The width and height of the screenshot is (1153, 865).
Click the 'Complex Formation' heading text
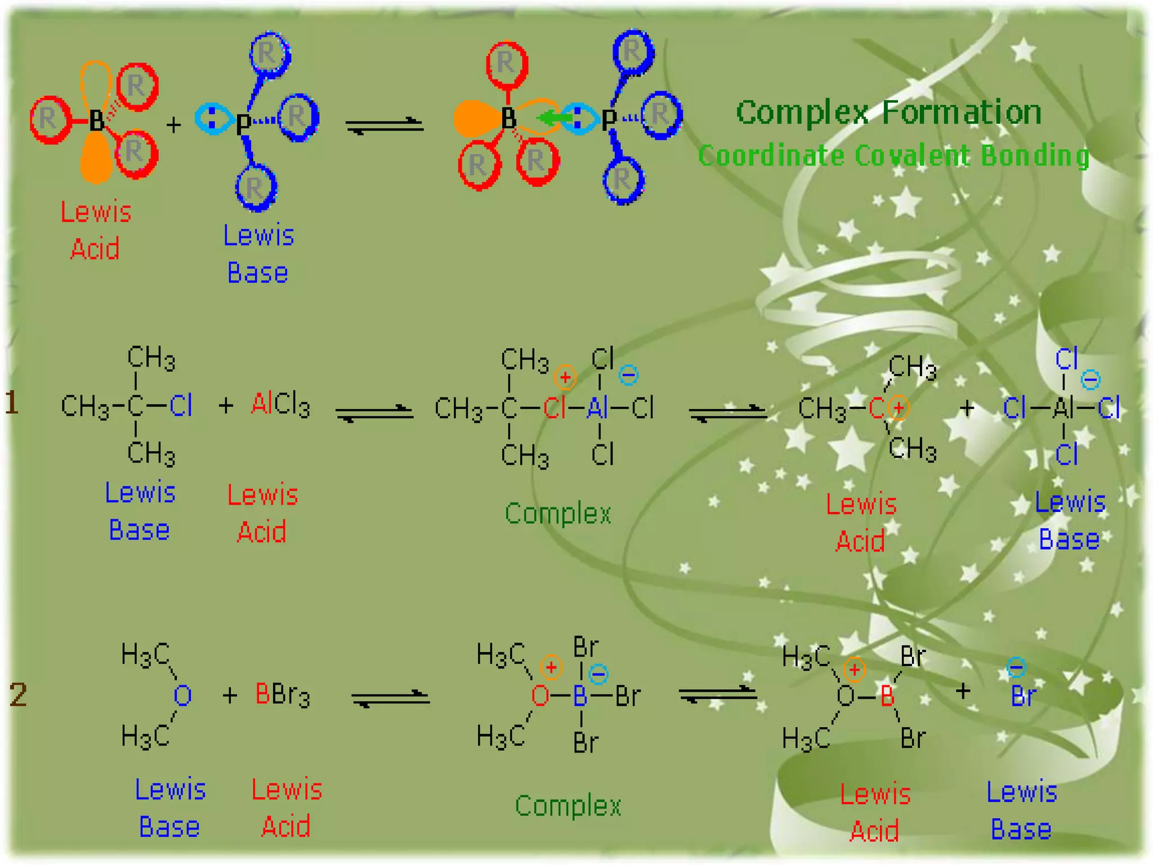888,113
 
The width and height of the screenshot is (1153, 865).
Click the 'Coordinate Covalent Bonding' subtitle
893,155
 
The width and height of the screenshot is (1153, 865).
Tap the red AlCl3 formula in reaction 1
280,404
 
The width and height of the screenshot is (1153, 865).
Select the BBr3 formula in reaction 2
282,694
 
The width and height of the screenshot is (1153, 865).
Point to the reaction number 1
12,403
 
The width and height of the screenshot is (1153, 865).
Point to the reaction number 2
18,694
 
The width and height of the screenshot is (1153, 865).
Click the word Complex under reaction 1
557,514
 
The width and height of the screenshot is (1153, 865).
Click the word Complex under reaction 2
567,806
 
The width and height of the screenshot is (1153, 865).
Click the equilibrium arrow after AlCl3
374,413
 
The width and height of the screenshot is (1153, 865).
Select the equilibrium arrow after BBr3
390,698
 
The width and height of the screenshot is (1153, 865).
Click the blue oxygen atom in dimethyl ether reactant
182,696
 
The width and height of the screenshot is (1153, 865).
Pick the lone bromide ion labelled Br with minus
1022,695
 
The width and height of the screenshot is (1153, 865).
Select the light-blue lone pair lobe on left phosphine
213,119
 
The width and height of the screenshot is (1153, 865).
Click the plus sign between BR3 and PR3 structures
174,124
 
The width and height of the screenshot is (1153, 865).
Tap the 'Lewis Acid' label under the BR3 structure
95,231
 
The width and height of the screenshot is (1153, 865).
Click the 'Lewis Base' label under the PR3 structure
258,255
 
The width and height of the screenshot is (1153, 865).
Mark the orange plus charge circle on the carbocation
899,408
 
